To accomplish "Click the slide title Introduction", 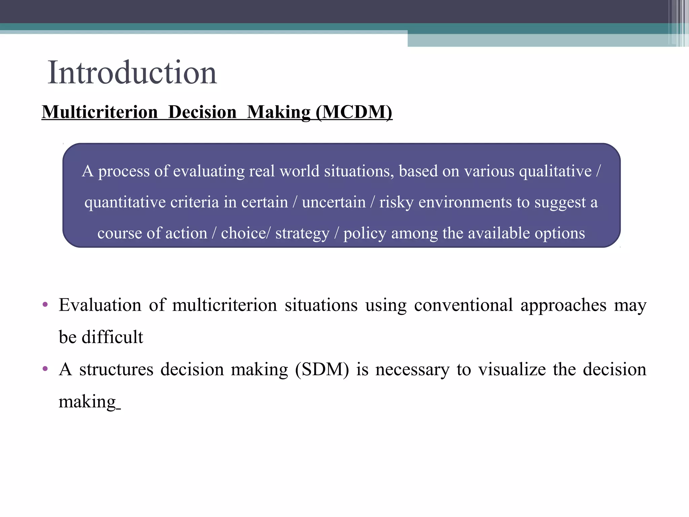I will pyautogui.click(x=132, y=73).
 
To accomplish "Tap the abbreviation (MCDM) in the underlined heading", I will pyautogui.click(x=354, y=112).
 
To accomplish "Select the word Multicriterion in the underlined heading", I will pyautogui.click(x=100, y=112).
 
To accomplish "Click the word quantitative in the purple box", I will pyautogui.click(x=125, y=202).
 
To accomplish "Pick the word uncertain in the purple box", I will pyautogui.click(x=334, y=202).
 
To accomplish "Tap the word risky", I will pyautogui.click(x=396, y=202).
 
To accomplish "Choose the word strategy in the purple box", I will pyautogui.click(x=302, y=233).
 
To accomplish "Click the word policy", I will pyautogui.click(x=365, y=233).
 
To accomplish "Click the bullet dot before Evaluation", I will pyautogui.click(x=45, y=305).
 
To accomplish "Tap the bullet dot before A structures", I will pyautogui.click(x=45, y=369).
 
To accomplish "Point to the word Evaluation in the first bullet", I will pyautogui.click(x=100, y=305).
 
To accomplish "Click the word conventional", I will pyautogui.click(x=464, y=305).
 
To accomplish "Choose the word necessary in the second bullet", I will pyautogui.click(x=412, y=370).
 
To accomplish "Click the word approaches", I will pyautogui.click(x=563, y=305).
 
